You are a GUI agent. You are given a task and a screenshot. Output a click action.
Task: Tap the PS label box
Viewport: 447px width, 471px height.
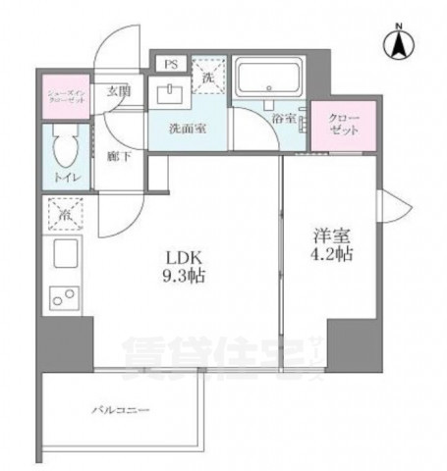(x=171, y=65)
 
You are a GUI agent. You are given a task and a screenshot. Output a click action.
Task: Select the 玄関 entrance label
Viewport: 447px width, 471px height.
(x=119, y=90)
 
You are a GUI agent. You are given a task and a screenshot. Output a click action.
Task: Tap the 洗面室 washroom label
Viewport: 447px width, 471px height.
(x=185, y=127)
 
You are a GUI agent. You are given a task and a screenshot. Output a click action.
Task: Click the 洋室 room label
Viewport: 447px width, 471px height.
(x=331, y=236)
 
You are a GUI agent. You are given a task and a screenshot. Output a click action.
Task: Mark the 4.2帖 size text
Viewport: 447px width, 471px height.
(x=332, y=257)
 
